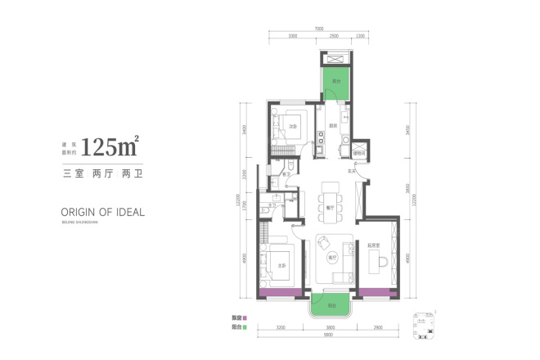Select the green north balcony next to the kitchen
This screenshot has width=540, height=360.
tap(335, 82)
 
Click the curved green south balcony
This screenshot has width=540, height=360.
tap(331, 305)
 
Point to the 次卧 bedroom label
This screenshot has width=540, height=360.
tap(292, 127)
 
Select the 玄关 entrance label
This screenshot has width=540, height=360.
tap(352, 170)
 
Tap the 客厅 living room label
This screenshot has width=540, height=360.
tap(331, 257)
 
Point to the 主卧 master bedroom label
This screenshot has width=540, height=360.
tap(281, 265)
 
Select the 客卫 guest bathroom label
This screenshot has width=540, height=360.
tap(287, 174)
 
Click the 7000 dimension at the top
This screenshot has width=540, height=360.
tap(317, 30)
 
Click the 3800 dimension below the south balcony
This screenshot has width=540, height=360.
tap(331, 326)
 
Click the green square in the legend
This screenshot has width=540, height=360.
tap(256, 326)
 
